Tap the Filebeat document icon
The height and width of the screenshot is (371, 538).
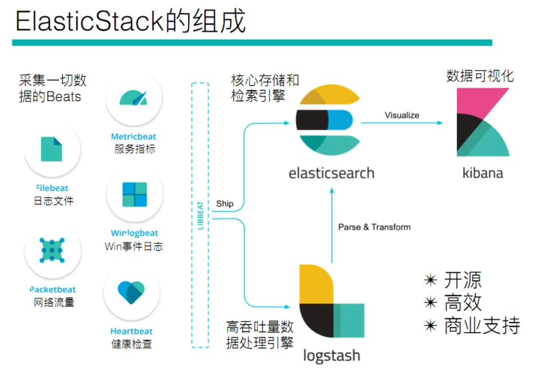[x=52, y=149]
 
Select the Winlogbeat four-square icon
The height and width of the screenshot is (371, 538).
[x=134, y=194]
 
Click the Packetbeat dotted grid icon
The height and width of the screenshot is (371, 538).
[x=52, y=251]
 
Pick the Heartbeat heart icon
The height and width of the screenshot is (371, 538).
[x=131, y=292]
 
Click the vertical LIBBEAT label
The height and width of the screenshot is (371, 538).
[x=200, y=215]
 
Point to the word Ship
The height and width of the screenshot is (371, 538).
[x=225, y=204]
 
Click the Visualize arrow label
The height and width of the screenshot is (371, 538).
[x=402, y=115]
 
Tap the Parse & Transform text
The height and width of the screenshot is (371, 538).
[x=374, y=227]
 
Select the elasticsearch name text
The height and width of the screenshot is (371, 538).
[x=331, y=173]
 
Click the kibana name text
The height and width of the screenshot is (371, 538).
[x=483, y=173]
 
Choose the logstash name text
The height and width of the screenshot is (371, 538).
[x=332, y=356]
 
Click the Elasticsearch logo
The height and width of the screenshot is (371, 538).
[x=328, y=120]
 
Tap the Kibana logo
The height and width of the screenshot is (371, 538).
[x=483, y=122]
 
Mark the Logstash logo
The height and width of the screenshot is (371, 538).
[x=331, y=301]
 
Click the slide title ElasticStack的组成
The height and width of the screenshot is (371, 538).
[x=130, y=22]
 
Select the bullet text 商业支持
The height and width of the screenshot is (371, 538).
[x=482, y=325]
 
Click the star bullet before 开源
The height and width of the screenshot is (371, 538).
[x=430, y=280]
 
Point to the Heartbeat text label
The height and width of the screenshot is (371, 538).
[x=131, y=331]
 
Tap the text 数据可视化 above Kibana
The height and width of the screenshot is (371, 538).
[x=480, y=76]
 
